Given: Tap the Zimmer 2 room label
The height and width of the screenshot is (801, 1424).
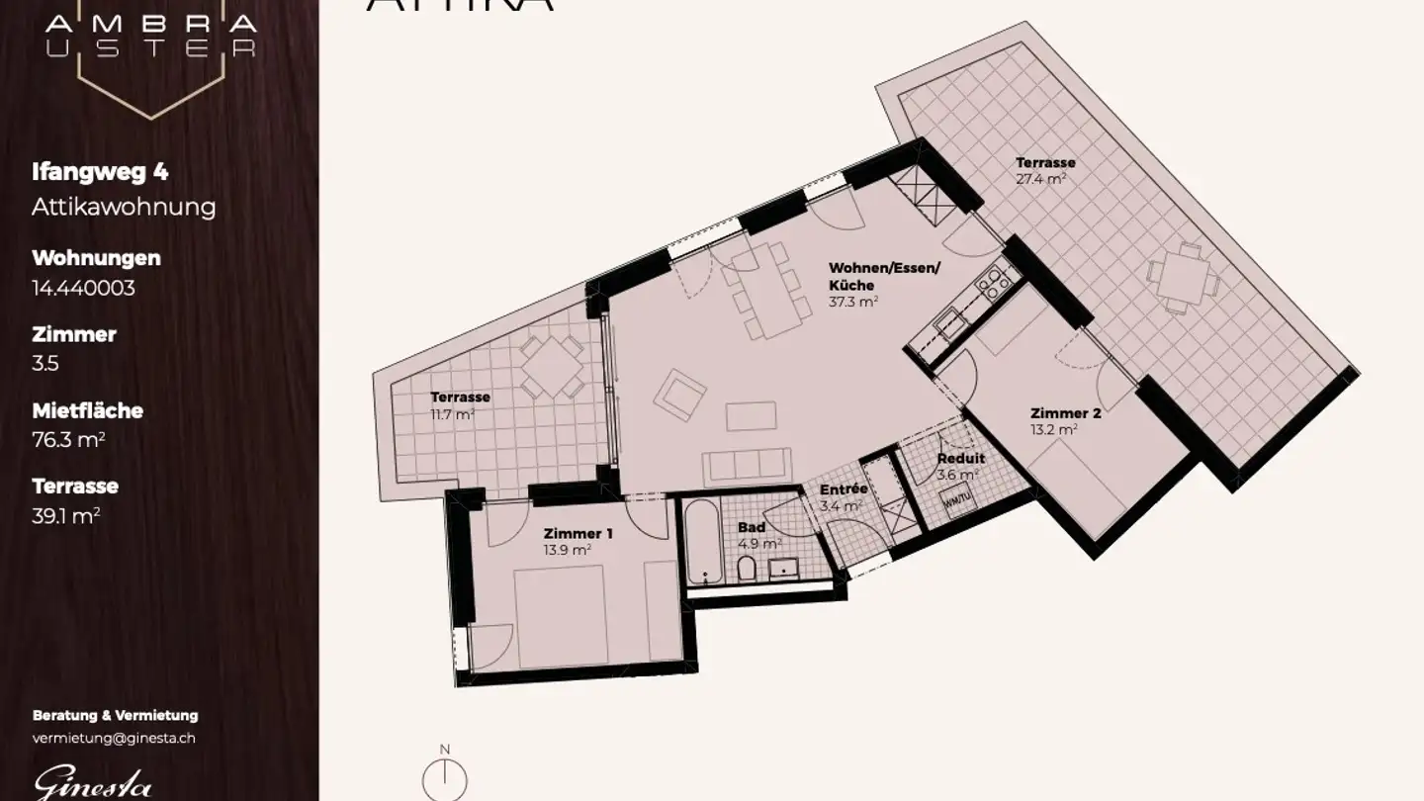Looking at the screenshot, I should [x=1065, y=413].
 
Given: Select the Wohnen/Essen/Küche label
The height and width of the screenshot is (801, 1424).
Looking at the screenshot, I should [x=884, y=277].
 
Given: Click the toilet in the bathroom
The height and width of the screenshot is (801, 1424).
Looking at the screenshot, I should [x=749, y=569].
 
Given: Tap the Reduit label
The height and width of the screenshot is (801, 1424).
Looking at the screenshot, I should [x=960, y=459].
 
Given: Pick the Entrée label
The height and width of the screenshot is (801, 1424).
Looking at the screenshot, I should [x=843, y=489].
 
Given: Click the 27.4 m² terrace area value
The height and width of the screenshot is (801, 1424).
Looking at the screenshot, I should [x=1040, y=180].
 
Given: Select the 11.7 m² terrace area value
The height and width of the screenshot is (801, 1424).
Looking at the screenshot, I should [x=452, y=413].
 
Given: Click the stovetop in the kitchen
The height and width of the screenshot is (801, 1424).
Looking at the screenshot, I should [x=993, y=285].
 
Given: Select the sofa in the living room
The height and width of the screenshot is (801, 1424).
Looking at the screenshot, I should [x=747, y=464].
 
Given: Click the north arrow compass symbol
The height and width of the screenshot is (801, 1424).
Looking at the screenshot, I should [x=445, y=779].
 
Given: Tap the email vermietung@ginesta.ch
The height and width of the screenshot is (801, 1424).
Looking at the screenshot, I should [x=114, y=738].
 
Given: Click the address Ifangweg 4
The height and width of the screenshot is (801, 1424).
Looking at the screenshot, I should [x=100, y=172].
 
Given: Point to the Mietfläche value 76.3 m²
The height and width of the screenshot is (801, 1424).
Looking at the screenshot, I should [x=68, y=440].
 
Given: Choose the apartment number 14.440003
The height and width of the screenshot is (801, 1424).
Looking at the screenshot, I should [x=83, y=288].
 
